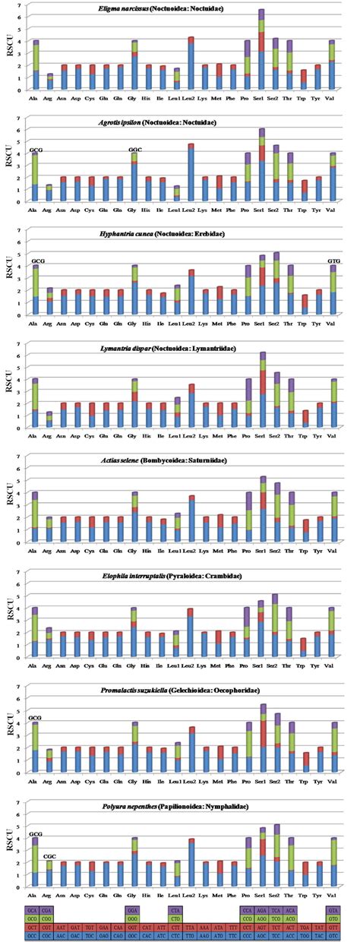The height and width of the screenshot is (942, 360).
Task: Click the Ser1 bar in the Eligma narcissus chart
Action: pyautogui.click(x=261, y=50)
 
